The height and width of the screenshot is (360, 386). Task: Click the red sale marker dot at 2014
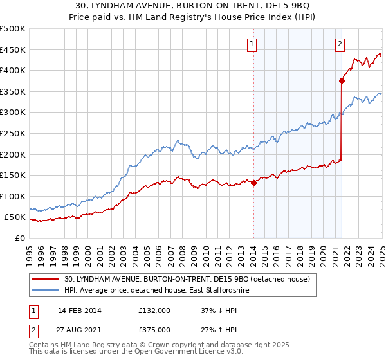click(x=253, y=183)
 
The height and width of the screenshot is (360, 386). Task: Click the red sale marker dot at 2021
click(x=342, y=80)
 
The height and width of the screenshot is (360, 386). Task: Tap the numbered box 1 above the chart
click(x=251, y=44)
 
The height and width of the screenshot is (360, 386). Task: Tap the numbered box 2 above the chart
click(x=339, y=44)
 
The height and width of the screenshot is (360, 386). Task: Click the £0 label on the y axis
click(x=19, y=238)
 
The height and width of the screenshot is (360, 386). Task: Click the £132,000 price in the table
click(x=154, y=310)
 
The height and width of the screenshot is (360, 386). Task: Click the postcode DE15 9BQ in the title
click(x=291, y=6)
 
